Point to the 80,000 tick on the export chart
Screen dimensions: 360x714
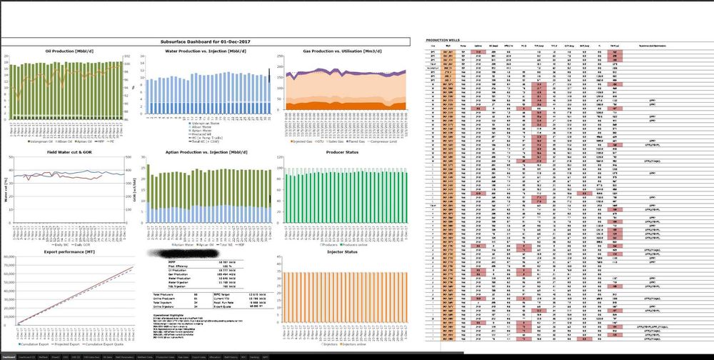(x=9, y=259)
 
